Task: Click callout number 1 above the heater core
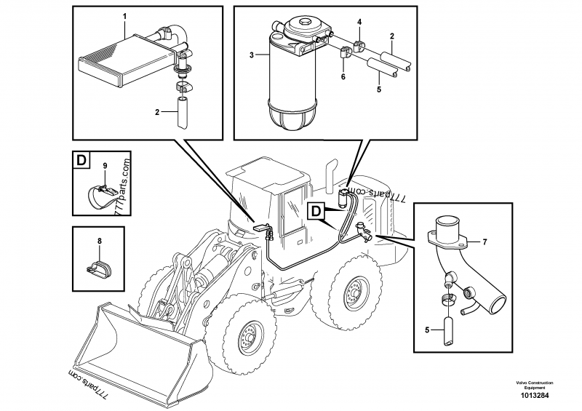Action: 124,16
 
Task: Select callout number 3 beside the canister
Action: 252,55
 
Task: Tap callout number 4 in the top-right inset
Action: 359,23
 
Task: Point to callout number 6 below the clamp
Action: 343,76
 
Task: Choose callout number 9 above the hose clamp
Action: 104,166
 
